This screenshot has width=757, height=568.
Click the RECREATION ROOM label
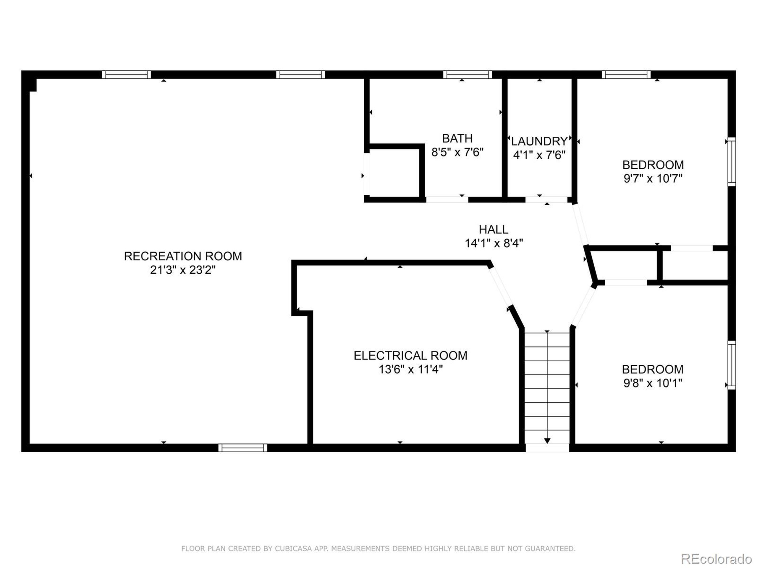[183, 256]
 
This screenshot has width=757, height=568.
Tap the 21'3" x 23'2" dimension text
[183, 270]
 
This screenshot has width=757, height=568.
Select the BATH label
[457, 138]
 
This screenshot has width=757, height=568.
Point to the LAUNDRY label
[539, 141]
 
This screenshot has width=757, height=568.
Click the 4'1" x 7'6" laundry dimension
[539, 155]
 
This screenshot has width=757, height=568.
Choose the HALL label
[493, 229]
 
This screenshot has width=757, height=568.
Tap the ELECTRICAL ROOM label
[410, 355]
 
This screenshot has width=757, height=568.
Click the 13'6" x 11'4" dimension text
[410, 369]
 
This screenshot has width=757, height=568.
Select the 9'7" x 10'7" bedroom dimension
[653, 178]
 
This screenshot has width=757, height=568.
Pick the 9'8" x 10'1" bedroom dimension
[653, 383]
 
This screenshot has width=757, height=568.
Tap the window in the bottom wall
[243, 448]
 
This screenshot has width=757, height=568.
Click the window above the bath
[468, 75]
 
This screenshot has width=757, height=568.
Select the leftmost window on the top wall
[127, 75]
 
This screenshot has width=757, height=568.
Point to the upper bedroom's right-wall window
[731, 162]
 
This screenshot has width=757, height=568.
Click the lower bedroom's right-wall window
[731, 365]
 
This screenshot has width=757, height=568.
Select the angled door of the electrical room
[500, 287]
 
